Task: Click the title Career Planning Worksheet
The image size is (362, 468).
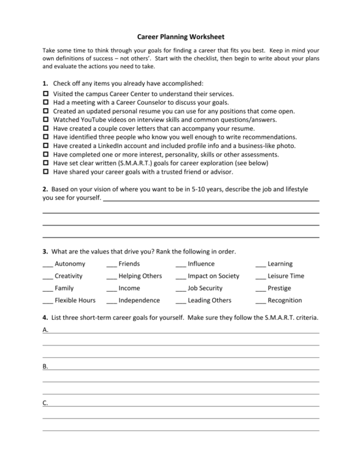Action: [x=181, y=37]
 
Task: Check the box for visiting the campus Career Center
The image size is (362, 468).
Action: [x=45, y=94]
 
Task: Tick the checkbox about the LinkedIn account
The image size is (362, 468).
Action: [x=45, y=146]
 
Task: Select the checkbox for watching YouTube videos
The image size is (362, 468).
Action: [x=45, y=120]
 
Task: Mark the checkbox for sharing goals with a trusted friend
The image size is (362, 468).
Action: [x=45, y=172]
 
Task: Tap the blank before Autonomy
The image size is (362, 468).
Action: [x=48, y=264]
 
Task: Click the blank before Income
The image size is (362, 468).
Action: [x=111, y=289]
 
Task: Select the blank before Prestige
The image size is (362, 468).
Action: [x=261, y=289]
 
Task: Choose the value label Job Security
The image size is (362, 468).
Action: [x=205, y=288]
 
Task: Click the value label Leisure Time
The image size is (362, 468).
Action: [x=286, y=276]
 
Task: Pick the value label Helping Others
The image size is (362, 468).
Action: [x=140, y=276]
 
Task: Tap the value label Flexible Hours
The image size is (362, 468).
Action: [x=75, y=301]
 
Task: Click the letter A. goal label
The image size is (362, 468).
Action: [x=45, y=330]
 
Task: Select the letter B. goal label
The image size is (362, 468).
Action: [x=45, y=366]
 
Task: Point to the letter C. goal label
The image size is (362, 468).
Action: [x=45, y=403]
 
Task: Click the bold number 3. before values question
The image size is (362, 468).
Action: [x=45, y=251]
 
